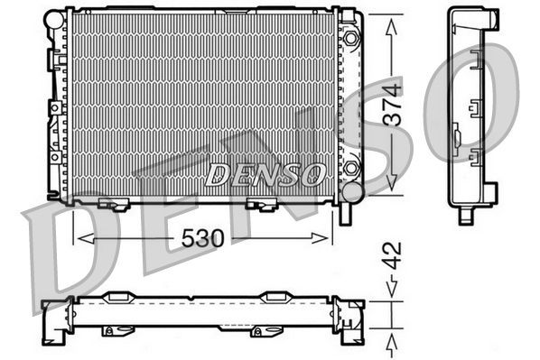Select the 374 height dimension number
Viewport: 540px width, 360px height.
tap(392, 107)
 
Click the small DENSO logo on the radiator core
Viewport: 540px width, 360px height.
tap(264, 173)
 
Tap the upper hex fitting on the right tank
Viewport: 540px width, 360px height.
tap(350, 39)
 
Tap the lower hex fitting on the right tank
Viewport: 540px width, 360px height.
tap(351, 169)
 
